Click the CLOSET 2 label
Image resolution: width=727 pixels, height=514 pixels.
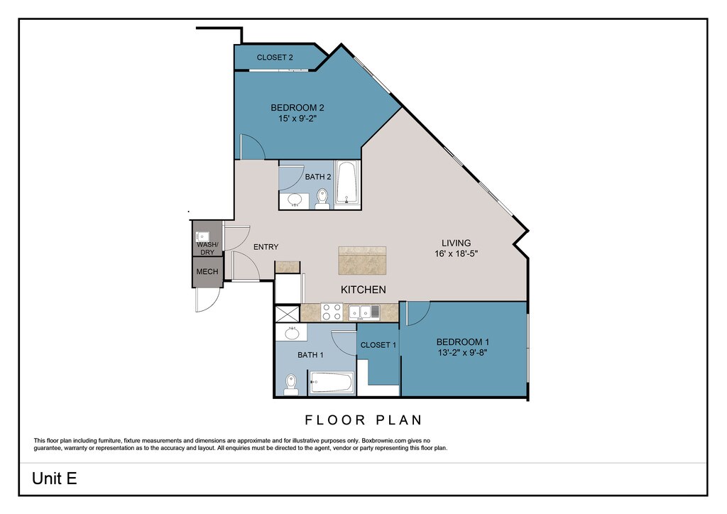click(x=275, y=58)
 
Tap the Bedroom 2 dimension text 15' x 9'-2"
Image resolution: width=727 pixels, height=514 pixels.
click(x=297, y=119)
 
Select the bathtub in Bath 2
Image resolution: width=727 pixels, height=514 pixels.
click(x=347, y=182)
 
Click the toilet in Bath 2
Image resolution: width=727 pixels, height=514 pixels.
click(x=322, y=198)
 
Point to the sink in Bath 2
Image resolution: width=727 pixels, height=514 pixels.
click(x=295, y=200)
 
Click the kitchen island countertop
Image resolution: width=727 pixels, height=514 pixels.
click(x=362, y=261)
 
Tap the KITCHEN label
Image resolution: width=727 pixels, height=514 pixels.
click(x=363, y=290)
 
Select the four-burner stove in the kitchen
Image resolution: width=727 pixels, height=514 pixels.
click(x=332, y=312)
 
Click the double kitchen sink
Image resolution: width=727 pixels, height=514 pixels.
click(x=364, y=312)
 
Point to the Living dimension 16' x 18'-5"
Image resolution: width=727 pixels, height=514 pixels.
click(x=457, y=254)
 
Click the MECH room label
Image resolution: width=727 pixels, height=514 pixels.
click(x=207, y=272)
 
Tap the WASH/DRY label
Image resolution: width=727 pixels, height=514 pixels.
click(x=207, y=248)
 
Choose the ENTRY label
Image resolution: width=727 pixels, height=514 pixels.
click(x=266, y=247)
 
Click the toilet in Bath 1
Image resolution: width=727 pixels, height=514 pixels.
click(x=290, y=384)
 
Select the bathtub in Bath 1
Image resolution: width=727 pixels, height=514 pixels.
click(x=332, y=383)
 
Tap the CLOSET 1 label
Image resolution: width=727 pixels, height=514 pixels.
click(x=378, y=345)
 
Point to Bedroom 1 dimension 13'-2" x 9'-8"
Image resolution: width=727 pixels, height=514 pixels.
click(x=462, y=353)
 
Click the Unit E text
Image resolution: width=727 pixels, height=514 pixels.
click(x=54, y=479)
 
